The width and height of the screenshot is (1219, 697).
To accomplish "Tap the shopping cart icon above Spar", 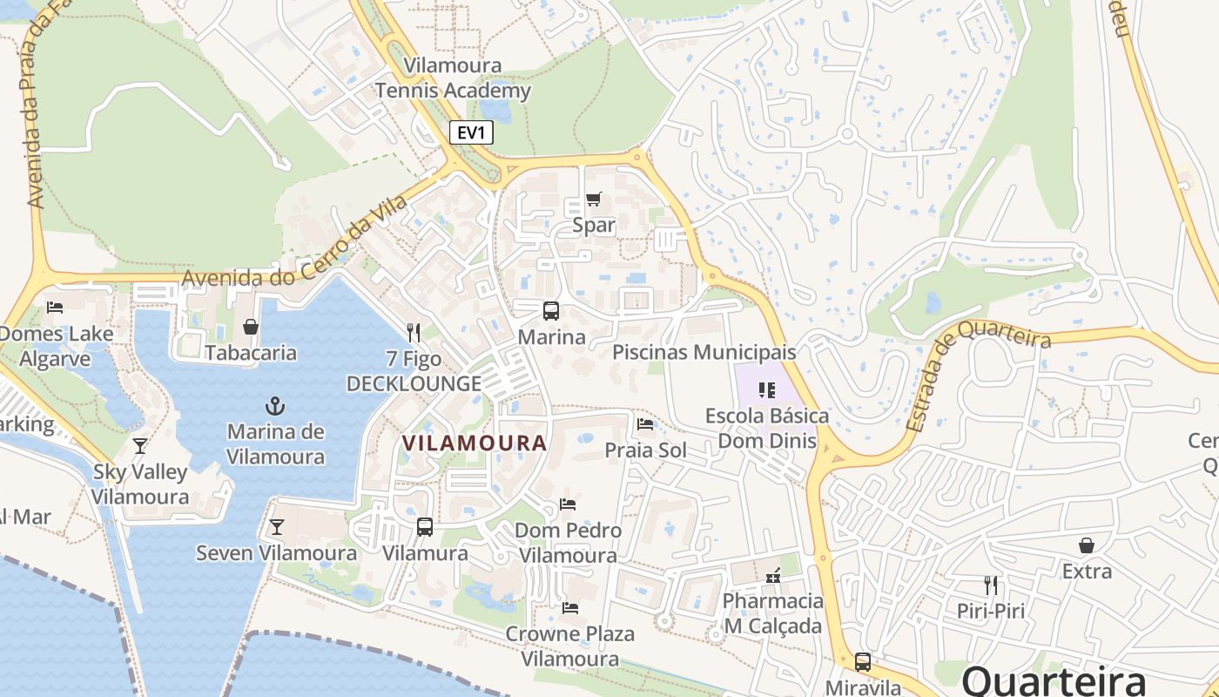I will point(594,199).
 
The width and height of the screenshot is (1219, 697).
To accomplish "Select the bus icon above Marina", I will point(551,310).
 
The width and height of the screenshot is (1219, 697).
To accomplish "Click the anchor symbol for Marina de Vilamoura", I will point(275,405).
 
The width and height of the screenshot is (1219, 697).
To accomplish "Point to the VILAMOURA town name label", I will point(475,443).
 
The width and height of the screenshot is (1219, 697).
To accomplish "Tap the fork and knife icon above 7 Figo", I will point(414,332).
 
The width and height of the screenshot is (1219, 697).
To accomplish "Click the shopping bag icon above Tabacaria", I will point(251,327).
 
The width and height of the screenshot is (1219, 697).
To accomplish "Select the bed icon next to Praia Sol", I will point(645,424).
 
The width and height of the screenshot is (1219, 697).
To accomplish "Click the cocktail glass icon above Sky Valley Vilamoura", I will point(140,446).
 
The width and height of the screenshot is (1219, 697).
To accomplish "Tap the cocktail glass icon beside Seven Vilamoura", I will point(277,527).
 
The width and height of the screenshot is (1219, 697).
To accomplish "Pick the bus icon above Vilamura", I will point(425,526).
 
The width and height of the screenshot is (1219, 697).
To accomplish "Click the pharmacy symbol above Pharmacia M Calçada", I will point(772,575).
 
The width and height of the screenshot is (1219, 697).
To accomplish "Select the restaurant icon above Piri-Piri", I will point(991,585).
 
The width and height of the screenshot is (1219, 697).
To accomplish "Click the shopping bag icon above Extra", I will point(1087,545).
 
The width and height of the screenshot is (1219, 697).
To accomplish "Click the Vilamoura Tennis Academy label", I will point(453,78).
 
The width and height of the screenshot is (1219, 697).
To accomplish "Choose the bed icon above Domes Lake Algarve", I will point(55,307).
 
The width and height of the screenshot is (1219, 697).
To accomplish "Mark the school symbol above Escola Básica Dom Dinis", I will point(767,389).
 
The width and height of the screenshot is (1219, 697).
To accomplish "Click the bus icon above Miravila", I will point(863,661).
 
